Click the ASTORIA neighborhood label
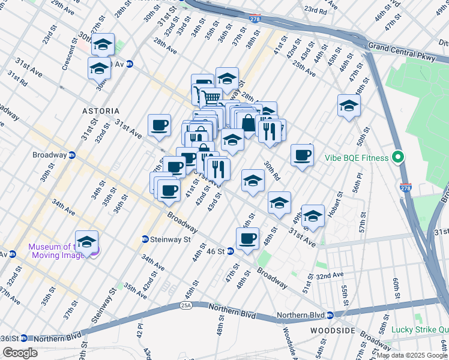tap(101, 112)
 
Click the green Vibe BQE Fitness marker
tap(397, 158)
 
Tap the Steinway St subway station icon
tap(145, 239)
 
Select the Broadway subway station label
tap(49, 155)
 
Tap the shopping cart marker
tap(211, 97)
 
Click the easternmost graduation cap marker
tap(349, 106)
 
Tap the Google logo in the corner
tap(20, 353)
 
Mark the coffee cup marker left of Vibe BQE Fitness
tap(302, 155)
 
